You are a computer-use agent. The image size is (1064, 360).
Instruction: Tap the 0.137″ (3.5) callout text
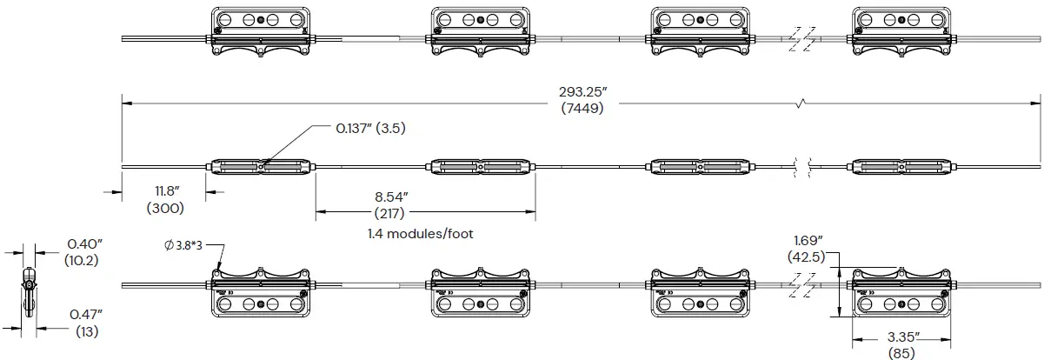pyautogui.click(x=371, y=128)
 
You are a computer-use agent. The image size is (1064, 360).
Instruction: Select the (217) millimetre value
pyautogui.click(x=391, y=212)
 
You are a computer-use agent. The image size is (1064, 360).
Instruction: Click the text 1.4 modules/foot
pyautogui.click(x=422, y=235)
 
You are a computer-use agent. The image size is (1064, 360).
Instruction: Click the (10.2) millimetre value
pyautogui.click(x=81, y=260)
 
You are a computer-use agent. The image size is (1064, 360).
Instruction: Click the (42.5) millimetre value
pyautogui.click(x=807, y=257)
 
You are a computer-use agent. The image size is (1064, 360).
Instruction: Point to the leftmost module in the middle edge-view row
pyautogui.click(x=260, y=166)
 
